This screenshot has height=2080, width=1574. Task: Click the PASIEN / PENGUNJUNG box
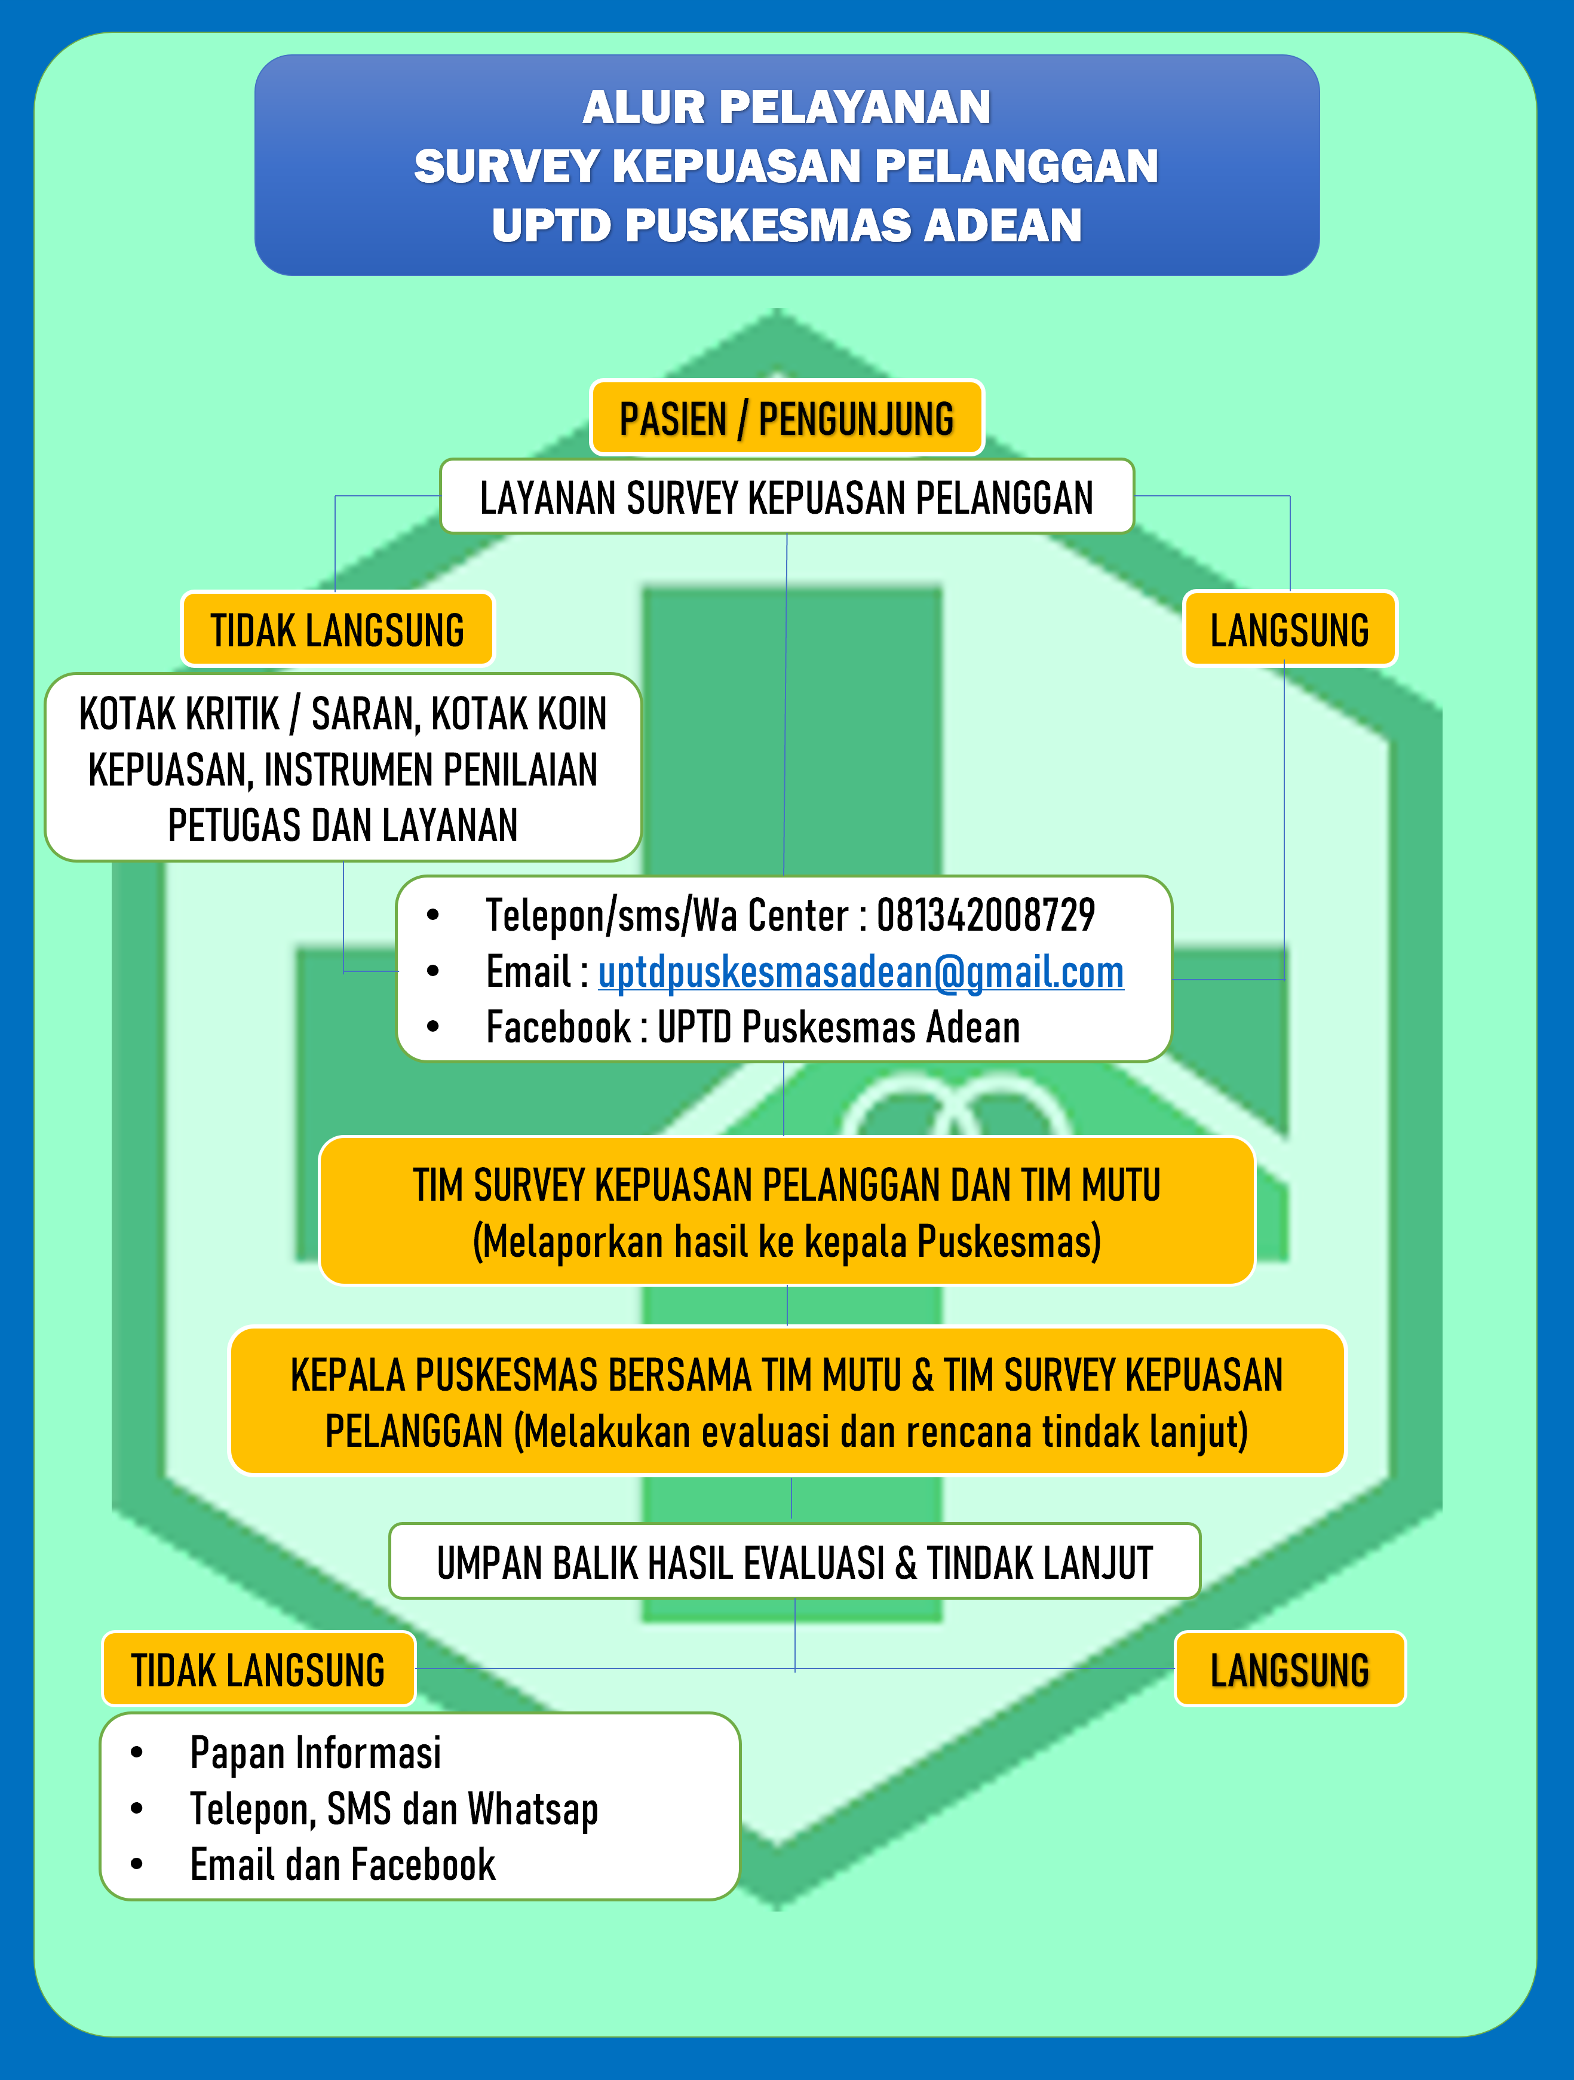tap(787, 418)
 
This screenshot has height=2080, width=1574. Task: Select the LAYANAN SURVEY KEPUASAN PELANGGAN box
tap(787, 496)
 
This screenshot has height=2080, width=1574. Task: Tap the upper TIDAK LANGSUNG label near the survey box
tap(337, 629)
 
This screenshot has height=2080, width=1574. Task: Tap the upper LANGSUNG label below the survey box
tap(1290, 629)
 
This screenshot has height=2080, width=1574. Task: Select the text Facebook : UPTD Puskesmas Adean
tap(753, 1027)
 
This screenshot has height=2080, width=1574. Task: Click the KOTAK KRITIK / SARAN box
tap(343, 767)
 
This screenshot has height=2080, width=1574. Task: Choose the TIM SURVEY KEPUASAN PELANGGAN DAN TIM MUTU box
tap(787, 1211)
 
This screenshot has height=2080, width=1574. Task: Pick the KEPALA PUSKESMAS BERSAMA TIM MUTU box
tap(787, 1401)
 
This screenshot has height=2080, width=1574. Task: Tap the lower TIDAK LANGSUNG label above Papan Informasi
tap(259, 1669)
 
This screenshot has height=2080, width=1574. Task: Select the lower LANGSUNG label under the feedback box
tap(1290, 1669)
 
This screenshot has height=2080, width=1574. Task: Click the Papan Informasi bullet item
tap(316, 1753)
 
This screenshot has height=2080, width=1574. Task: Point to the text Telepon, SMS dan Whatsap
tap(395, 1809)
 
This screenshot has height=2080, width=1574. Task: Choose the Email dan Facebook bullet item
tap(343, 1865)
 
